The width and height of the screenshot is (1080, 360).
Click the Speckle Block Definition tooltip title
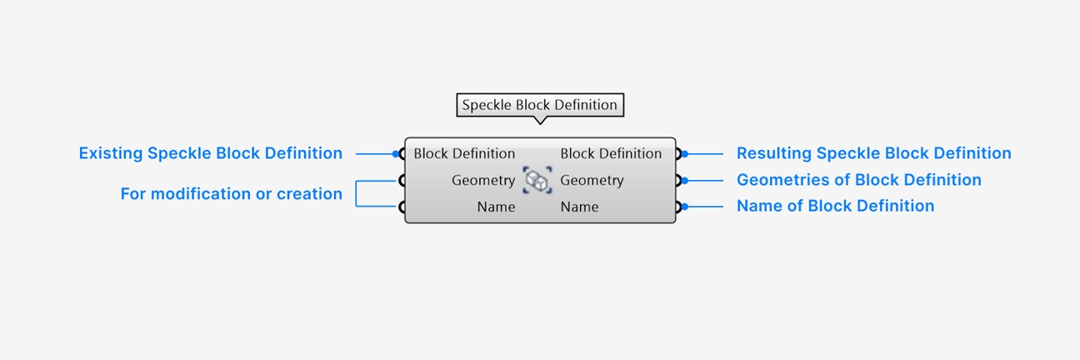click(x=539, y=105)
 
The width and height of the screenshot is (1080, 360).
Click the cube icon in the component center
click(x=537, y=180)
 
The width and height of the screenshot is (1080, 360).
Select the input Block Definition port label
click(x=464, y=153)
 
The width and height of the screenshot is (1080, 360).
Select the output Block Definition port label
click(x=611, y=153)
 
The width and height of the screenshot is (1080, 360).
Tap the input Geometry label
click(x=483, y=180)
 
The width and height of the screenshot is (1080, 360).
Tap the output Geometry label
click(x=592, y=180)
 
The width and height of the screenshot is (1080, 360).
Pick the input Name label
click(x=496, y=207)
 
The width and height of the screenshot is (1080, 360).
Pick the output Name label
click(x=579, y=207)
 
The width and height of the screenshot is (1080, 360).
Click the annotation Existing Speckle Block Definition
click(x=211, y=153)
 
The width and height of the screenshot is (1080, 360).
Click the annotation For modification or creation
click(x=232, y=193)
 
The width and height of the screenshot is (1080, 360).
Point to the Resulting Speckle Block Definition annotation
click(x=873, y=153)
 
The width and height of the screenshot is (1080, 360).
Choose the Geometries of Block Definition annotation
click(x=858, y=180)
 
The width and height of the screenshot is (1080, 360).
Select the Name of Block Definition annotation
click(x=835, y=206)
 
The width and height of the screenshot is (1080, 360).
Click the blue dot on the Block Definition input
click(x=396, y=153)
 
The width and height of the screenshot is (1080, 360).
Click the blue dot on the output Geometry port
click(x=685, y=181)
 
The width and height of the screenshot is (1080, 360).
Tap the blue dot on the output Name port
click(x=685, y=207)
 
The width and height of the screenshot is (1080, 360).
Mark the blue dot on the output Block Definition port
click(x=685, y=153)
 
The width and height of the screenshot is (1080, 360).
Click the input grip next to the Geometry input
click(x=401, y=181)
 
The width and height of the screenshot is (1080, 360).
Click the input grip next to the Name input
click(x=401, y=207)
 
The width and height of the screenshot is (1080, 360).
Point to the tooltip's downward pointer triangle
click(x=540, y=120)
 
